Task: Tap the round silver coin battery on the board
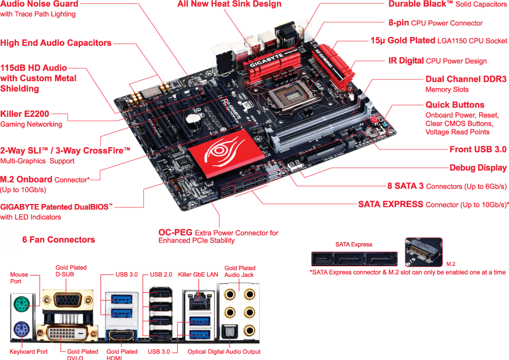191,117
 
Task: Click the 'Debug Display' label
478,168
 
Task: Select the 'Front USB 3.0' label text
478,149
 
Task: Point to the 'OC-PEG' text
176,233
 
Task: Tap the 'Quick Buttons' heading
454,105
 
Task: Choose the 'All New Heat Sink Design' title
229,4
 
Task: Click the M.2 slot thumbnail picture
424,252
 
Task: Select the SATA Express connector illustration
353,260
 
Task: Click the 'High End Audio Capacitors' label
56,43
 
